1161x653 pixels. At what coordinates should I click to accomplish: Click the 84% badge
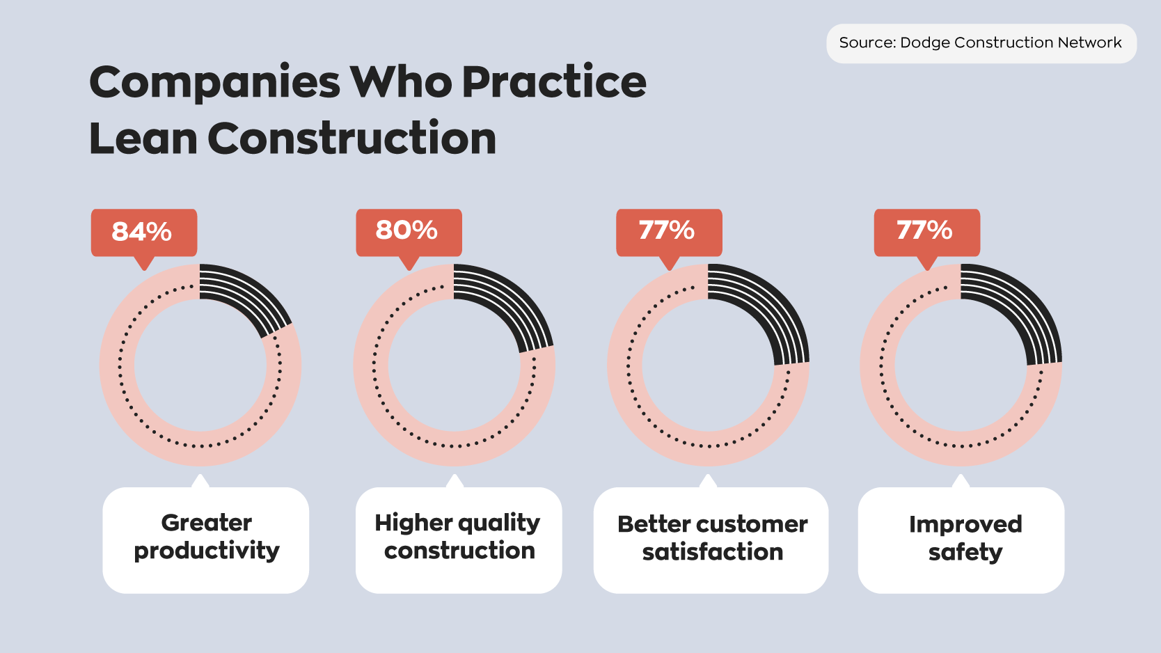click(x=143, y=232)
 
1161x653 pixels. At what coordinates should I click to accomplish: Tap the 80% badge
click(x=408, y=230)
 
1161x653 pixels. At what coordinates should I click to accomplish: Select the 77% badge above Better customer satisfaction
click(x=668, y=230)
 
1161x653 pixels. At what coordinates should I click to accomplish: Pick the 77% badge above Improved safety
click(x=926, y=230)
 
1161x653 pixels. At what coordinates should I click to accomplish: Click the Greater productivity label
click(x=206, y=537)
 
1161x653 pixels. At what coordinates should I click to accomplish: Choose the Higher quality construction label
click(x=458, y=537)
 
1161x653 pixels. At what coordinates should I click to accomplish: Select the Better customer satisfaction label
click(x=711, y=538)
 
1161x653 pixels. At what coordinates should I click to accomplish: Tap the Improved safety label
click(x=965, y=538)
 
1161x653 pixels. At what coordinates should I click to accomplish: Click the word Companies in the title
click(x=215, y=83)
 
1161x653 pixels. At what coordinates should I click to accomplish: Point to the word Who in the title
click(x=401, y=83)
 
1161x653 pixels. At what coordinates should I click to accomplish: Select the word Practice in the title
click(x=554, y=83)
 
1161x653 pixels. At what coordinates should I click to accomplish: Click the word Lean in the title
click(x=143, y=139)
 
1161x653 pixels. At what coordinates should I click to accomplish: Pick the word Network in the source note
click(x=1089, y=42)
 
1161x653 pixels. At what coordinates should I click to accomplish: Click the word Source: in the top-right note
click(x=867, y=42)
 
